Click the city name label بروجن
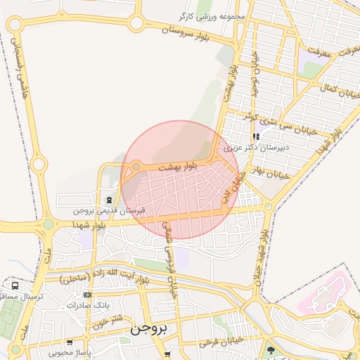click(x=147, y=328)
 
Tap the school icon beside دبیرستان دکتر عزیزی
click(x=256, y=136)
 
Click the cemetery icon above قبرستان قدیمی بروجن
click(x=108, y=200)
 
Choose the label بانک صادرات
click(x=89, y=305)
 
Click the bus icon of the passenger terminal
click(x=15, y=286)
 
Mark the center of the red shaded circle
click(x=181, y=179)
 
